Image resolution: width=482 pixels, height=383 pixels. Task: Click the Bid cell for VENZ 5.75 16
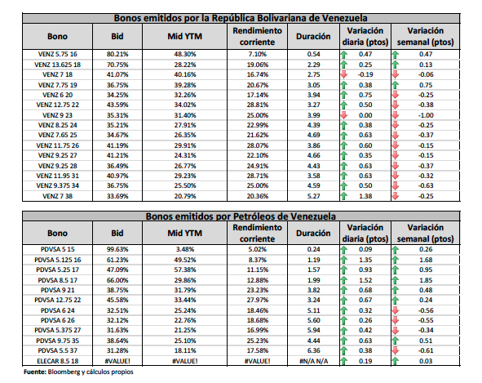pyautogui.click(x=117, y=54)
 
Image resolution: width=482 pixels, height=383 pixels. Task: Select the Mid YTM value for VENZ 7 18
pyautogui.click(x=185, y=74)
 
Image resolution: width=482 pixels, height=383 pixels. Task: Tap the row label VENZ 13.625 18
pyautogui.click(x=57, y=65)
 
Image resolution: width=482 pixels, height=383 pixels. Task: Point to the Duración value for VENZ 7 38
pyautogui.click(x=313, y=196)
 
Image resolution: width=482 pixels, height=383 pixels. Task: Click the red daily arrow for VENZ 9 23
pyautogui.click(x=344, y=115)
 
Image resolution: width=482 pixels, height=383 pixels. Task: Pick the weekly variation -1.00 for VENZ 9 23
pyautogui.click(x=426, y=115)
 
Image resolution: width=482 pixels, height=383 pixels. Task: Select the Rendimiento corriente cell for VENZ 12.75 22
pyautogui.click(x=257, y=105)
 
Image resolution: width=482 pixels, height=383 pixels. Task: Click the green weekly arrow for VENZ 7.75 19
pyautogui.click(x=396, y=85)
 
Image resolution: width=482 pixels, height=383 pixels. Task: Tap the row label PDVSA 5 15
pyautogui.click(x=57, y=249)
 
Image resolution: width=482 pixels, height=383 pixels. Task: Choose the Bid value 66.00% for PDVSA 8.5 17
pyautogui.click(x=117, y=280)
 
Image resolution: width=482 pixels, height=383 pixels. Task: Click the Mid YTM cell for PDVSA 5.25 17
pyautogui.click(x=185, y=269)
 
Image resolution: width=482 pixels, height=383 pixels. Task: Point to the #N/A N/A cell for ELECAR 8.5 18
pyautogui.click(x=313, y=361)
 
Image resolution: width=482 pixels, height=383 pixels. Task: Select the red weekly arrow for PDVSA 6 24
pyautogui.click(x=396, y=310)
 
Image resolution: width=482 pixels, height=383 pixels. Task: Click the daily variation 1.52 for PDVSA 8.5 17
pyautogui.click(x=365, y=280)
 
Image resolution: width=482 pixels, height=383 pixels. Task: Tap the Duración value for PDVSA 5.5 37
pyautogui.click(x=313, y=350)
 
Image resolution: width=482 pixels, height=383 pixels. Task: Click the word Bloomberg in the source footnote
pyautogui.click(x=64, y=372)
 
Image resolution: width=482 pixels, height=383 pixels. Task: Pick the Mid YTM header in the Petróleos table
pyautogui.click(x=185, y=233)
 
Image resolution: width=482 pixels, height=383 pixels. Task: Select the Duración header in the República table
pyautogui.click(x=313, y=36)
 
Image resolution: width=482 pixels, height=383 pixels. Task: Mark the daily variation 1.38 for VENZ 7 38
pyautogui.click(x=365, y=196)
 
